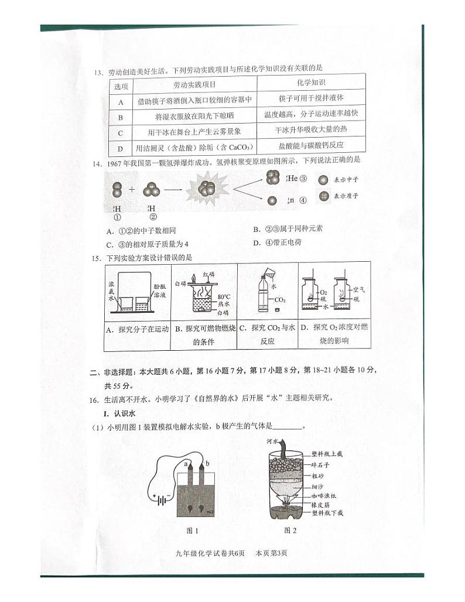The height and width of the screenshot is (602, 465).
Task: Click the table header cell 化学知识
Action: pos(311,83)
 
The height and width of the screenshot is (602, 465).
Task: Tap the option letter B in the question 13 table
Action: pos(121,117)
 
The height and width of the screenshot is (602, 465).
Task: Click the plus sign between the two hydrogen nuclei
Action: pos(131,189)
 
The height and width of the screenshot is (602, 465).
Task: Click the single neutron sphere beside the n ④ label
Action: pos(272,200)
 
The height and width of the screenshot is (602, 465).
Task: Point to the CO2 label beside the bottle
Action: pos(280,300)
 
